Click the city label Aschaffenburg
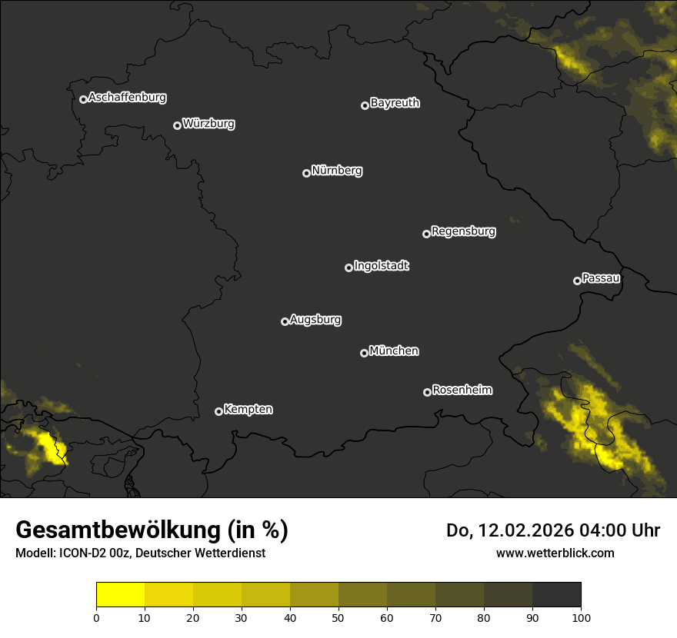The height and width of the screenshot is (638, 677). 127,98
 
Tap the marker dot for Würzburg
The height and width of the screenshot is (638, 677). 177,125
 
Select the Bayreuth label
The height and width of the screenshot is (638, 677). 395,103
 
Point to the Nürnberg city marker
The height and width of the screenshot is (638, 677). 306,173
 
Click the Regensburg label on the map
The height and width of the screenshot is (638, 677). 463,231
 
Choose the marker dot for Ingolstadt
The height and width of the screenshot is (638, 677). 349,267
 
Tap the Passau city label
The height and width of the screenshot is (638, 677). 601,278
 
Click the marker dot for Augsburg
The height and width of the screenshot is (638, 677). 285,321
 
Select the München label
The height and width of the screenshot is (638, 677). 394,351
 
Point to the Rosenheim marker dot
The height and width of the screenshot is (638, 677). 427,392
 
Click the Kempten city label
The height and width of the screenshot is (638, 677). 248,410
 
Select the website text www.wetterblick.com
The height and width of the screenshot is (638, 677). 555,553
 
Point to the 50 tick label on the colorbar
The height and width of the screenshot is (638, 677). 338,616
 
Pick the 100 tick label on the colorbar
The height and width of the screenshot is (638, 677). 581,616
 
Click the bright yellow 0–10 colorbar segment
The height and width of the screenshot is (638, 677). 121,595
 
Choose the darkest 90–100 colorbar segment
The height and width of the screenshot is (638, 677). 556,595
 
